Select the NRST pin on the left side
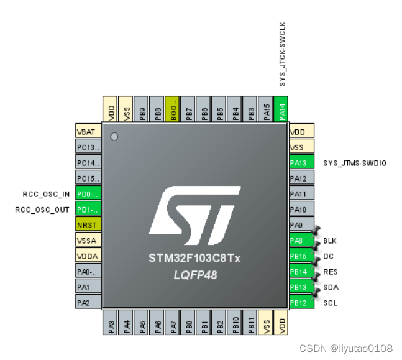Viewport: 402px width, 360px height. coord(88,224)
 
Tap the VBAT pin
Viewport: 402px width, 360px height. coord(88,132)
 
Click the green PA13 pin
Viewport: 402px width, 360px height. coord(301,163)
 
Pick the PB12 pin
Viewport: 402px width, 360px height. coord(301,302)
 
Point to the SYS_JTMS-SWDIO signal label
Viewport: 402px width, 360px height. coord(355,163)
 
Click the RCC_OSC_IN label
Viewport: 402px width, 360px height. coord(46,194)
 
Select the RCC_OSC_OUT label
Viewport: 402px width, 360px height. coord(42,210)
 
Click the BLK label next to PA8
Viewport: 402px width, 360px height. coord(330,241)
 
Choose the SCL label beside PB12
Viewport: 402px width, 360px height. coord(331,303)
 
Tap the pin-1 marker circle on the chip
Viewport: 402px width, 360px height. coord(114,136)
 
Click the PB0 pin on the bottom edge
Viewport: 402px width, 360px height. coord(188,324)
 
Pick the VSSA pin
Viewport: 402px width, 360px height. coord(88,240)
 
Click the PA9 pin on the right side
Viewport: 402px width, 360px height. coord(301,224)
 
